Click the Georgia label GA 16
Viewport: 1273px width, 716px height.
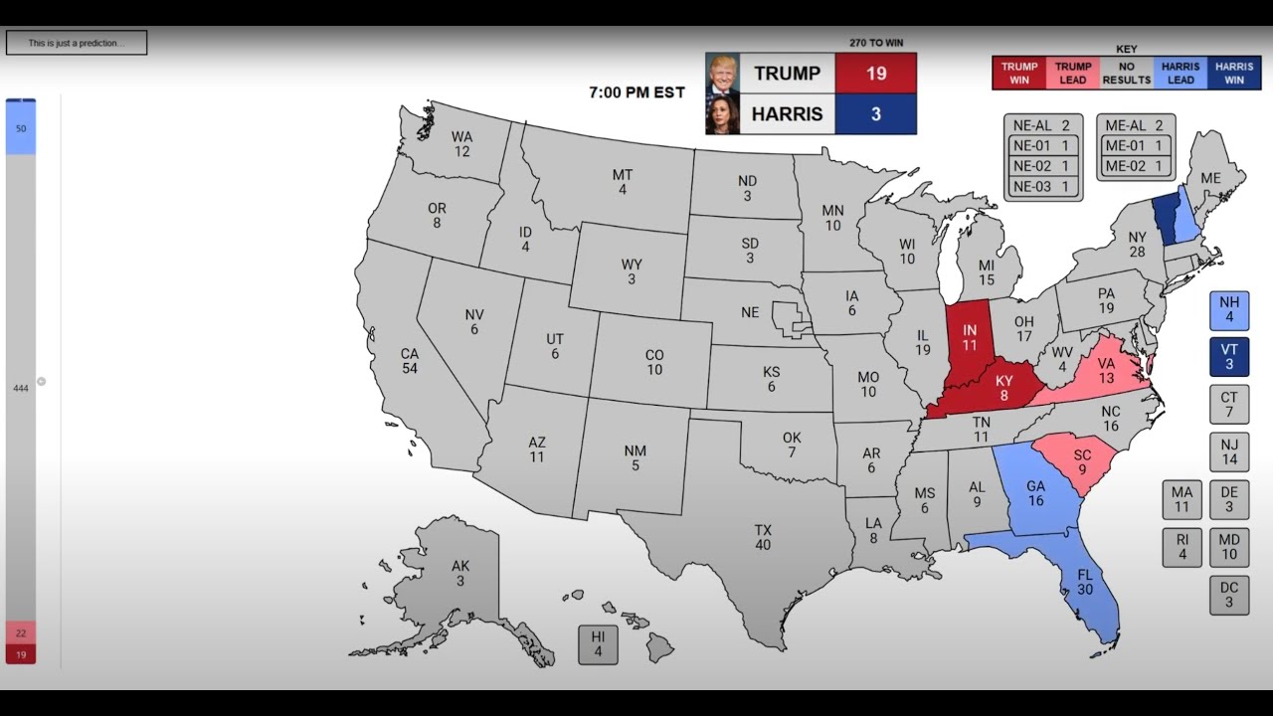(1035, 493)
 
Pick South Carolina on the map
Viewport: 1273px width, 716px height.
(1082, 460)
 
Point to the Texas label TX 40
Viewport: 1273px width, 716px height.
(763, 537)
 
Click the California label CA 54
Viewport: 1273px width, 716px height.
(410, 360)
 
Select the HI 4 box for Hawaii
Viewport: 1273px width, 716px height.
(598, 643)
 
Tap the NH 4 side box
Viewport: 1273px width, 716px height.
(1229, 310)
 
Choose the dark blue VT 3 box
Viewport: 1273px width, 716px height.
(1229, 357)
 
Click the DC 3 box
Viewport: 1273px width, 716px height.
(1229, 595)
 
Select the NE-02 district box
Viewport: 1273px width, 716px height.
(1042, 166)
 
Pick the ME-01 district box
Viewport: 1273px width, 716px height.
(1136, 146)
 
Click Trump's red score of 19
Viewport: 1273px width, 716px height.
(875, 74)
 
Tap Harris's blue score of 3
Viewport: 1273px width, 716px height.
(875, 114)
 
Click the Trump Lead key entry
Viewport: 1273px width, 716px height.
(1073, 73)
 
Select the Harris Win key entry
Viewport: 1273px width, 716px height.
(1234, 73)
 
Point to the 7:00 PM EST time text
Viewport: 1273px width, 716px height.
(636, 92)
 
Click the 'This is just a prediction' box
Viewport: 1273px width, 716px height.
(77, 43)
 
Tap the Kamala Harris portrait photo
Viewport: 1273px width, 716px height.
(722, 114)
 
